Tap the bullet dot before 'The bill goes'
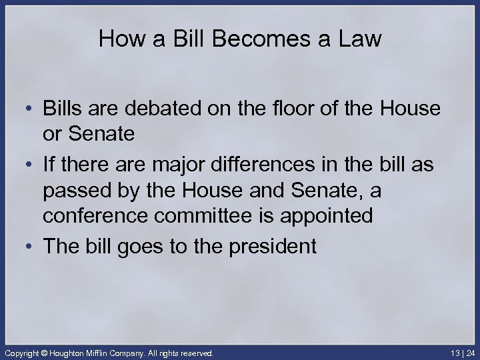tap(31, 247)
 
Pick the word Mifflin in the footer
tap(103, 351)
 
